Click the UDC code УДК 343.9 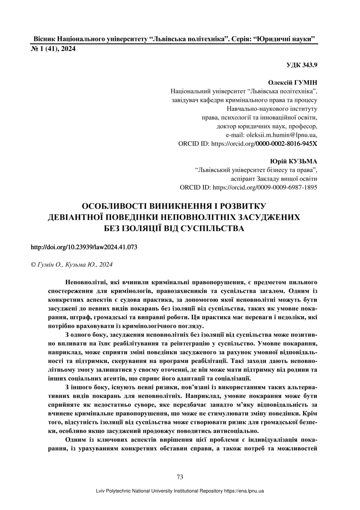(302, 65)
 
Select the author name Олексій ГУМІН (293, 82)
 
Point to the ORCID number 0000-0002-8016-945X (286, 144)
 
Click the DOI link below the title (84, 247)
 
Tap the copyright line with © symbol (72, 264)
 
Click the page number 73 (180, 477)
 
